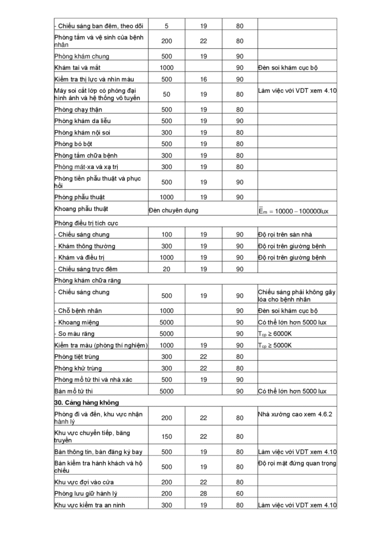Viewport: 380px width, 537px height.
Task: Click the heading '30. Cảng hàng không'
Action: pos(87,402)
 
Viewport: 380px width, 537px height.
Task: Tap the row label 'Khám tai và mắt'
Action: pos(77,67)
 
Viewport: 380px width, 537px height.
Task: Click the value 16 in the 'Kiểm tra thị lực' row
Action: pos(203,79)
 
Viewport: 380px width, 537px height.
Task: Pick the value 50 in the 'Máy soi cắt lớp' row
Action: pos(167,94)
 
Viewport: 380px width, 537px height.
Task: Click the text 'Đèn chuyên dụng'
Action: pos(173,210)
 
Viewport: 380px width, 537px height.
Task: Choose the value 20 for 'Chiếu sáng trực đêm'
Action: pos(167,269)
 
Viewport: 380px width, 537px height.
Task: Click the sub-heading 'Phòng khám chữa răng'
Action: pos(88,280)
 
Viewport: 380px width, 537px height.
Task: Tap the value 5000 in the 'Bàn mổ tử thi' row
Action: pos(167,391)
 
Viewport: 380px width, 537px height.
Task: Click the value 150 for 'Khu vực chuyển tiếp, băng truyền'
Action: pos(167,436)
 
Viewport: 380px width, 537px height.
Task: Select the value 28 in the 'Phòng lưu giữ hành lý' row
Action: pos(203,494)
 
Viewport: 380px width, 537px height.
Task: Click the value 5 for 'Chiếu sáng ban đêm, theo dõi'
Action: pos(167,25)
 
